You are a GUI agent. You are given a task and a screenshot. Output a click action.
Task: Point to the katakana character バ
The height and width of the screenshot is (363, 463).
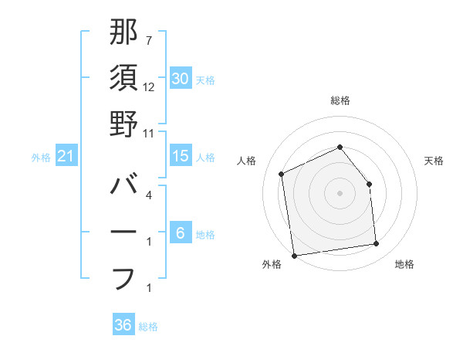pyautogui.click(x=123, y=186)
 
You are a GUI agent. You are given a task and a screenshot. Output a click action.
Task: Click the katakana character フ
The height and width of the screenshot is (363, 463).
pyautogui.click(x=123, y=278)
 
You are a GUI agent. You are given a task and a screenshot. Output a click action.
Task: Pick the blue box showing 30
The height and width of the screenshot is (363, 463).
pyautogui.click(x=181, y=79)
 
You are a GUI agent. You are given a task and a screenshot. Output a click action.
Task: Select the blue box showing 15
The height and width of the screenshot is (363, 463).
pyautogui.click(x=181, y=156)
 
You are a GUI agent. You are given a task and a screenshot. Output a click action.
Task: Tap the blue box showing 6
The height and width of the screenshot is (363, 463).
pyautogui.click(x=181, y=233)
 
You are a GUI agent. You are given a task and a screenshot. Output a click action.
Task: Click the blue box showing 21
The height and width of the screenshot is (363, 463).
pyautogui.click(x=66, y=156)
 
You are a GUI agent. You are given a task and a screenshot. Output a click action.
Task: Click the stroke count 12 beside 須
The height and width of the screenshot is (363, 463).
pyautogui.click(x=149, y=87)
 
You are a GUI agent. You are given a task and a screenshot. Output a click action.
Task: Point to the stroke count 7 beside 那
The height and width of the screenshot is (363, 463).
pyautogui.click(x=149, y=41)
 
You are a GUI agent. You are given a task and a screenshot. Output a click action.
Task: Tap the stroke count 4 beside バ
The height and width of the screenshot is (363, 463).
pyautogui.click(x=149, y=195)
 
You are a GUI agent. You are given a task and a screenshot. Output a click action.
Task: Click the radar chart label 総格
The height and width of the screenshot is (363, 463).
pyautogui.click(x=340, y=100)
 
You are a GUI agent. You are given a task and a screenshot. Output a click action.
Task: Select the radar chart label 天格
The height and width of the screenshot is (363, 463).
pyautogui.click(x=434, y=161)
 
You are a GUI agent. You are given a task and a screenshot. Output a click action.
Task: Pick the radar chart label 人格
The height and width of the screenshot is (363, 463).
pyautogui.click(x=247, y=161)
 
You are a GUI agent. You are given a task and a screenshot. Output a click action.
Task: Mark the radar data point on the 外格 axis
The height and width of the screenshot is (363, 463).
pyautogui.click(x=294, y=256)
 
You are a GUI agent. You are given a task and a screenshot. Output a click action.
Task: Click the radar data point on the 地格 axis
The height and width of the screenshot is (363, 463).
pyautogui.click(x=377, y=244)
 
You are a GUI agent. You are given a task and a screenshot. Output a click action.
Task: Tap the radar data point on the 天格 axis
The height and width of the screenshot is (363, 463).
pyautogui.click(x=369, y=184)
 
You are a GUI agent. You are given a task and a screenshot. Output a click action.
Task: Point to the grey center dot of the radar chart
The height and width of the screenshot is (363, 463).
pyautogui.click(x=340, y=193)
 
